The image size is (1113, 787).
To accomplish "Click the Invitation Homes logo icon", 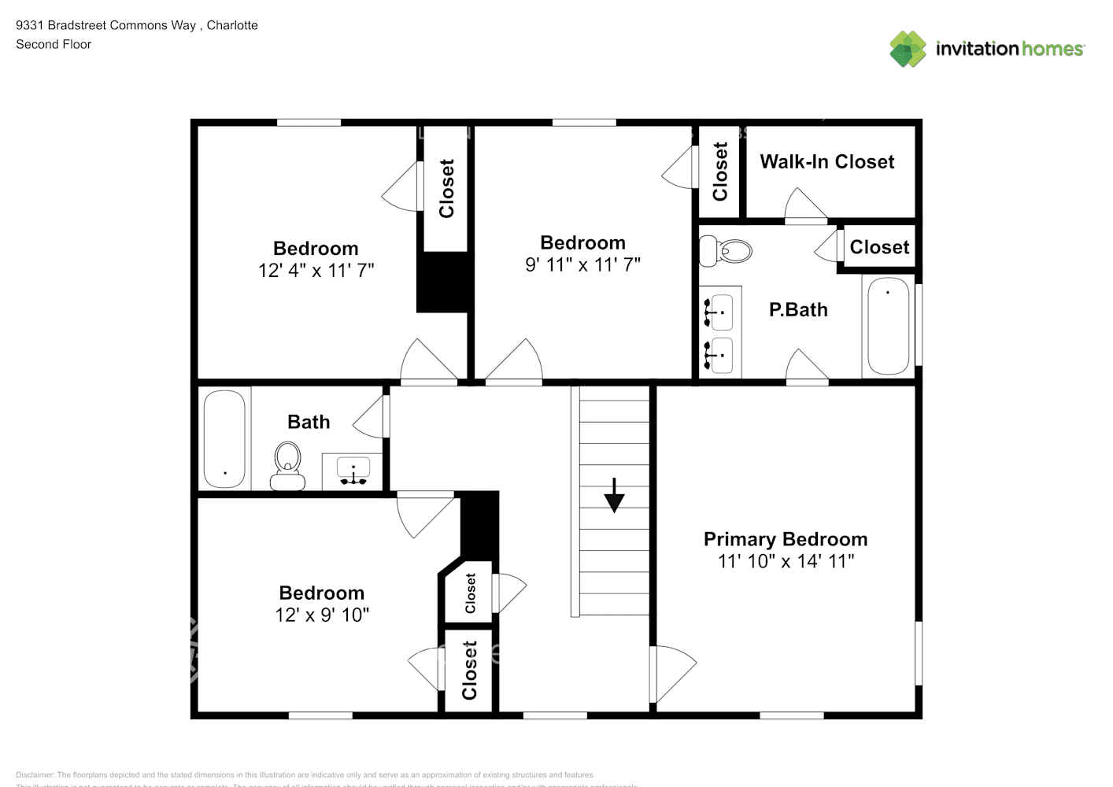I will point(908,49).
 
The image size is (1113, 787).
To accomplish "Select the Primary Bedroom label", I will point(785,539).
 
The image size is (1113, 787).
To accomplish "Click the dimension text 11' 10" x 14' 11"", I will point(785,561).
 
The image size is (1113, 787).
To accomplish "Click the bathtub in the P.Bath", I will point(888,326).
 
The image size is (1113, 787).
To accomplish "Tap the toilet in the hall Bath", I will point(287,466).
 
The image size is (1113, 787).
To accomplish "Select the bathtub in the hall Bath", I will point(224,439).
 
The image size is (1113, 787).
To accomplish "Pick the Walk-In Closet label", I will point(826,161).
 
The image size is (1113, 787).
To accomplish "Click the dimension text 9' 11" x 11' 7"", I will point(582,265).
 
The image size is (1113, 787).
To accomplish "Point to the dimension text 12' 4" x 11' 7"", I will point(316,271).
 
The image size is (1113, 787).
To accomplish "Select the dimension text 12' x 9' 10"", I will point(321,615).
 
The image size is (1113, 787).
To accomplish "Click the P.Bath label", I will point(798,310).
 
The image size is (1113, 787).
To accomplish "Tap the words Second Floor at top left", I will point(54,44).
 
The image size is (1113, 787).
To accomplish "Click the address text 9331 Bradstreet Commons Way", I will point(106,25).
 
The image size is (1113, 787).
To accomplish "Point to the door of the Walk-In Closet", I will point(804,206).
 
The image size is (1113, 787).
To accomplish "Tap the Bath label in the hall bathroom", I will point(309,423).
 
